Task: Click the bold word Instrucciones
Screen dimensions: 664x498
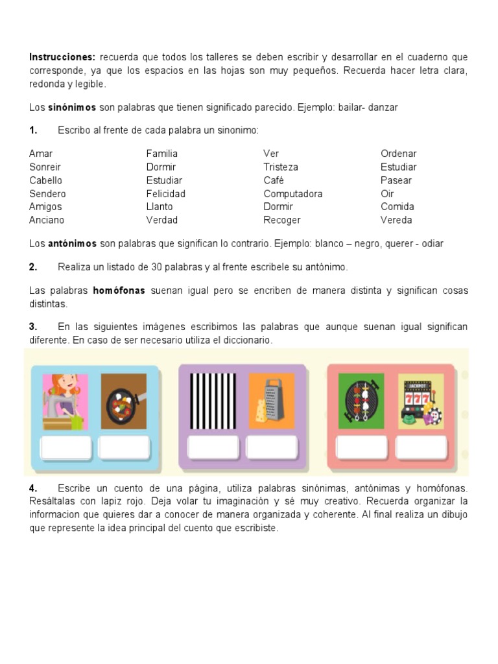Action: point(62,57)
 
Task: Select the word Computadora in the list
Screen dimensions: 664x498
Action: point(292,193)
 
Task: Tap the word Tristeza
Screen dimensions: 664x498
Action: point(281,167)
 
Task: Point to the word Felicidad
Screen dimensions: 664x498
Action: point(165,193)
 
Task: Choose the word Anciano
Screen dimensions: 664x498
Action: point(47,220)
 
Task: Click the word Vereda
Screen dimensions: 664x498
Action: point(396,220)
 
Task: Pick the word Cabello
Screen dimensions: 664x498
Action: point(45,180)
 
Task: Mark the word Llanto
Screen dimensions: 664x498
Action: point(160,206)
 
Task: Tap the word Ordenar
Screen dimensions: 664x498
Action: point(399,154)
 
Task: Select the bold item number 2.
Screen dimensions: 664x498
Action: point(33,267)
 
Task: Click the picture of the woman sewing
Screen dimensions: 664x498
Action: point(65,401)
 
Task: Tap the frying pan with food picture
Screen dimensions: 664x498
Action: point(124,401)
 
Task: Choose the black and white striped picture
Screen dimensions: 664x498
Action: point(212,401)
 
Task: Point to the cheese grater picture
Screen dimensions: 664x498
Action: point(271,401)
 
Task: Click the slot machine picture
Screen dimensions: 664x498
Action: point(420,401)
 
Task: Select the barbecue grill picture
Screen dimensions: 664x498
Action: point(361,401)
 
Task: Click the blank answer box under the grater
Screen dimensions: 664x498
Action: point(272,447)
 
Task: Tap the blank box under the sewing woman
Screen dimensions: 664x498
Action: point(65,447)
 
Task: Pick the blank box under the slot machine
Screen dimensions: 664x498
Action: point(421,447)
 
